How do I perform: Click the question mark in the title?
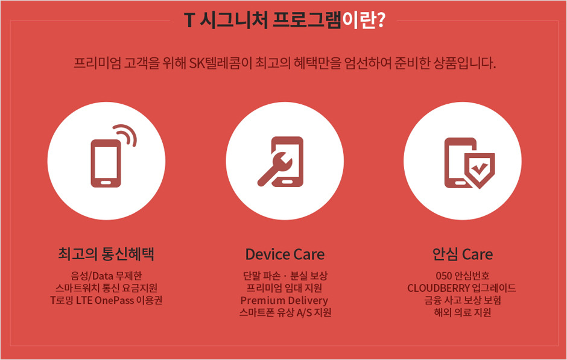380,21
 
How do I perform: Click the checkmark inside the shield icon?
480,168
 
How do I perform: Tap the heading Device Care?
285,254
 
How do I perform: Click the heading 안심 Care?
463,254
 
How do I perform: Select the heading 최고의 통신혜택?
106,254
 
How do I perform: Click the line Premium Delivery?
284,300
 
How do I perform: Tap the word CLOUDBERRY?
439,288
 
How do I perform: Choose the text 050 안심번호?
463,276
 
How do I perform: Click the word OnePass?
114,300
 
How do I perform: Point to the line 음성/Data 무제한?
106,276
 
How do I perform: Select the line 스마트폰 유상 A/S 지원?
285,312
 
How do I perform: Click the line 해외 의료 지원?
463,312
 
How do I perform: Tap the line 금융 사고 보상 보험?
463,300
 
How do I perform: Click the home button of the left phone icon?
106,183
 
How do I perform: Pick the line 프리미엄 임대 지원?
284,288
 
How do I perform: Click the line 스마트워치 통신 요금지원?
106,288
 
